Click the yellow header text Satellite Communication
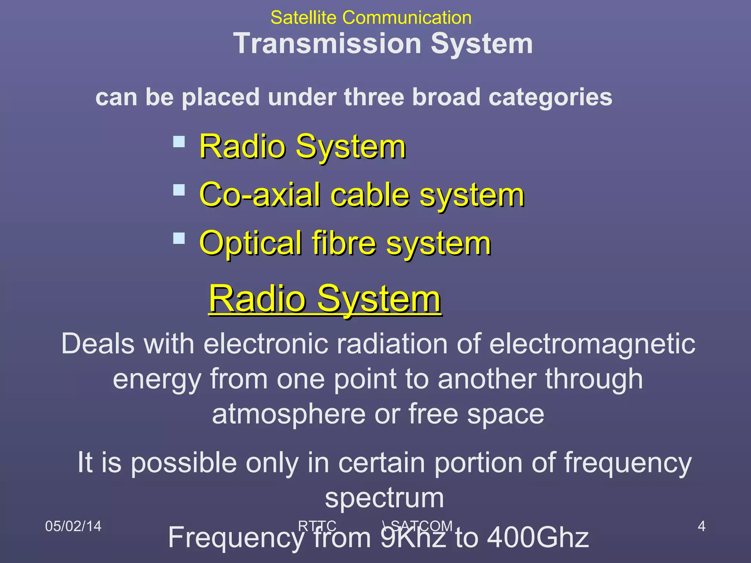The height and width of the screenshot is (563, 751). pyautogui.click(x=371, y=18)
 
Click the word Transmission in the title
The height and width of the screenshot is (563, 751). pyautogui.click(x=327, y=43)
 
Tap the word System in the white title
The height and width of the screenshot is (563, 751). pyautogui.click(x=481, y=43)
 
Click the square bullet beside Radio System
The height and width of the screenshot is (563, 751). pyautogui.click(x=179, y=141)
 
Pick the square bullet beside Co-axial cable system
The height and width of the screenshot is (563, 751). pyautogui.click(x=179, y=190)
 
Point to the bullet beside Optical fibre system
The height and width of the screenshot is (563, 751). pyautogui.click(x=179, y=238)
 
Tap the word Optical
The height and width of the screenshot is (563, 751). pyautogui.click(x=250, y=243)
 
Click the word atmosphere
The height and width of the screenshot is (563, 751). pyautogui.click(x=289, y=414)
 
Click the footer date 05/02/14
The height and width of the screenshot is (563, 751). pyautogui.click(x=73, y=526)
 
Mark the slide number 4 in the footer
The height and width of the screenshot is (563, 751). pyautogui.click(x=701, y=526)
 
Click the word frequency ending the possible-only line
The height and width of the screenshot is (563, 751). pyautogui.click(x=627, y=463)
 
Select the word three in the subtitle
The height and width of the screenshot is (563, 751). pyautogui.click(x=375, y=97)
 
